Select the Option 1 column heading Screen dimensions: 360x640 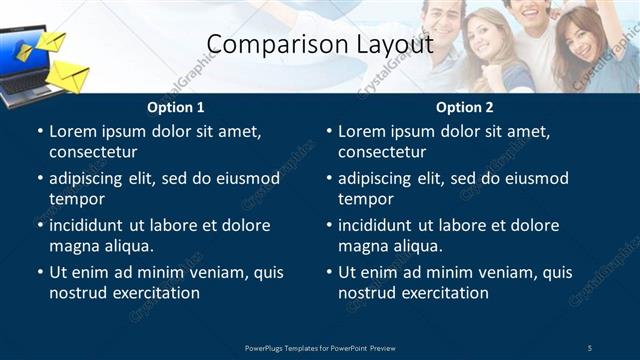(176, 107)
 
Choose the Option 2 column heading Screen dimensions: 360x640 (465, 107)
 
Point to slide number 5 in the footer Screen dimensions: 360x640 (589, 348)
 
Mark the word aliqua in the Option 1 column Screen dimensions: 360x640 (127, 246)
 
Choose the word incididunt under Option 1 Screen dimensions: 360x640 (93, 225)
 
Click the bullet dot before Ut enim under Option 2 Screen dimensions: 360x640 (329, 272)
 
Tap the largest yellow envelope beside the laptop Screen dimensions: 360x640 (68, 75)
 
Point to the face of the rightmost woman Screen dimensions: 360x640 (579, 43)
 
